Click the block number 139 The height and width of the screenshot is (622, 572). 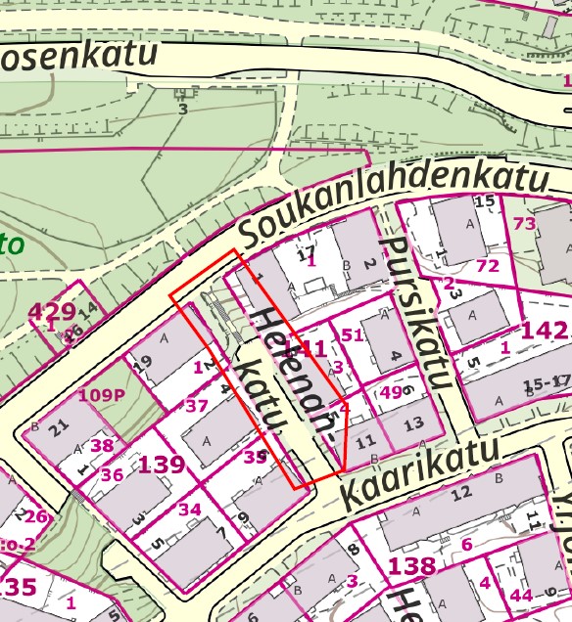[x=162, y=464]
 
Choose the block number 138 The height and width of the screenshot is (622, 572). [x=412, y=565]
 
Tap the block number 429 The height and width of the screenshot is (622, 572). [x=52, y=313]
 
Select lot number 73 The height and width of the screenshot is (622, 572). [x=525, y=224]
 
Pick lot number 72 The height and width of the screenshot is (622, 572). [x=487, y=266]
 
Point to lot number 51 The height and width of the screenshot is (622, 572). [x=352, y=334]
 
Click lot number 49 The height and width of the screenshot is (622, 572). [x=391, y=392]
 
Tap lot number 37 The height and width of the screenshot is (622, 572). [x=197, y=406]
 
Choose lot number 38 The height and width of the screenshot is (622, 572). [x=102, y=445]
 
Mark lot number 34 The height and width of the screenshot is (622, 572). [x=190, y=510]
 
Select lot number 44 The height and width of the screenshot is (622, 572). [x=521, y=595]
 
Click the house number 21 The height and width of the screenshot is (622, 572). [x=59, y=427]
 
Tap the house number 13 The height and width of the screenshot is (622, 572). [x=413, y=422]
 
